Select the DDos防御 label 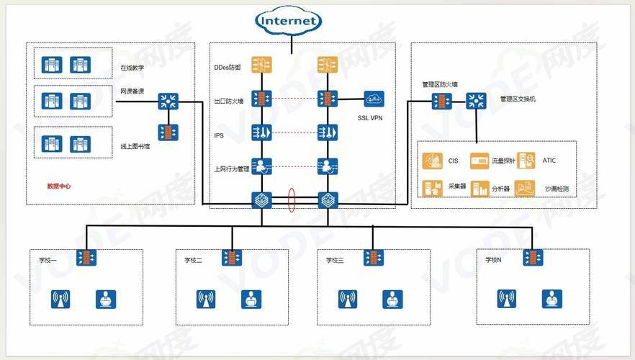(228, 67)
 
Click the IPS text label (220, 135)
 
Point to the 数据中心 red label (59, 186)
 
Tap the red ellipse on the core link (292, 200)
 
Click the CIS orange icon (433, 161)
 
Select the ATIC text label (549, 161)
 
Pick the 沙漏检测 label (557, 189)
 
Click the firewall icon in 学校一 (89, 258)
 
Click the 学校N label (495, 260)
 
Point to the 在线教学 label (132, 69)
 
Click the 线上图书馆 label (135, 147)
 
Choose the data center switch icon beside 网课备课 (169, 101)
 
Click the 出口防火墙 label (230, 102)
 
